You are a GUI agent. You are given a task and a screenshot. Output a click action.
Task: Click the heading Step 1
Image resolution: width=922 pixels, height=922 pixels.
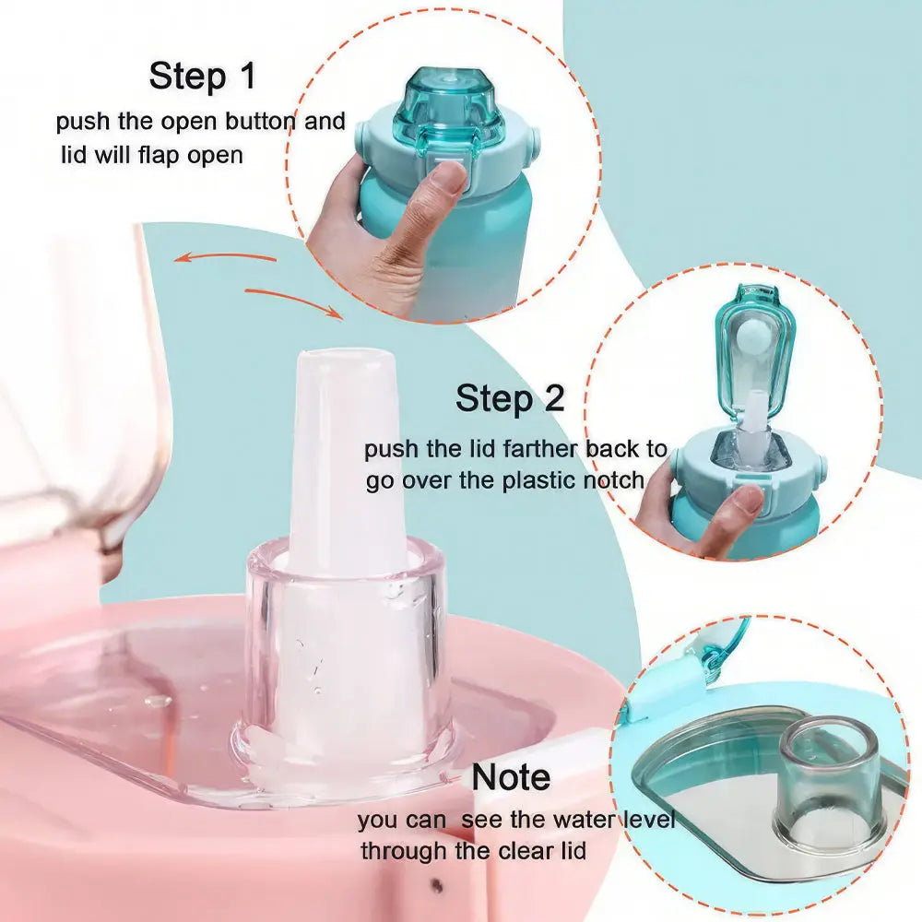tap(202, 76)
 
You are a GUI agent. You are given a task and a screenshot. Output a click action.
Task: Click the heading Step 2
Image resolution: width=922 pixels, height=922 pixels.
tap(510, 398)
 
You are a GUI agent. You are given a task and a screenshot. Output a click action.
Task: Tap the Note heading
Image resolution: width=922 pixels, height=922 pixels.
tap(511, 776)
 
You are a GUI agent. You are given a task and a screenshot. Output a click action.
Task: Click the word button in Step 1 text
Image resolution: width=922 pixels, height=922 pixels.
tap(261, 122)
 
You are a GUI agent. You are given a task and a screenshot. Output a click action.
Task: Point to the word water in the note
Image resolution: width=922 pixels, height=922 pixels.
tap(584, 819)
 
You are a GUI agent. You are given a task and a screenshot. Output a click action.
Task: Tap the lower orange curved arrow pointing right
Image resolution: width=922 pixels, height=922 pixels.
tap(294, 300)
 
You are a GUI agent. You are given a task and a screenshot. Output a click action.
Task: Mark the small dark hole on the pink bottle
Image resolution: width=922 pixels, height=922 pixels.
tap(436, 883)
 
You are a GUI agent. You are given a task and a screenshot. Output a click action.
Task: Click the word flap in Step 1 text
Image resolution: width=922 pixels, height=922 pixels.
tap(158, 155)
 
